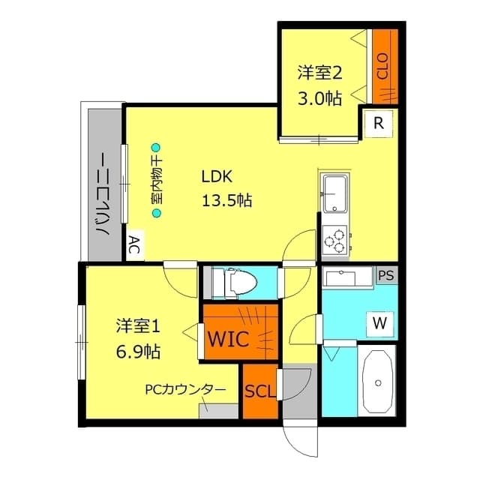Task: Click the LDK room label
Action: (x=217, y=177)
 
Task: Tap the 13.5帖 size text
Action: (x=226, y=200)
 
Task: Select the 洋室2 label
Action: (x=319, y=73)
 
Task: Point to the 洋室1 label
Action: (x=138, y=326)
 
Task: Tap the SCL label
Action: (x=259, y=391)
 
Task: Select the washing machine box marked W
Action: (x=380, y=324)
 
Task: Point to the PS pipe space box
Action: (x=385, y=275)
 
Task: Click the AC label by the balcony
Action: (x=133, y=245)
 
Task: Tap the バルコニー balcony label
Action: (x=103, y=194)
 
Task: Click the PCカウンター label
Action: (x=185, y=390)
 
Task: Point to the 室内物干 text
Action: (x=157, y=181)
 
